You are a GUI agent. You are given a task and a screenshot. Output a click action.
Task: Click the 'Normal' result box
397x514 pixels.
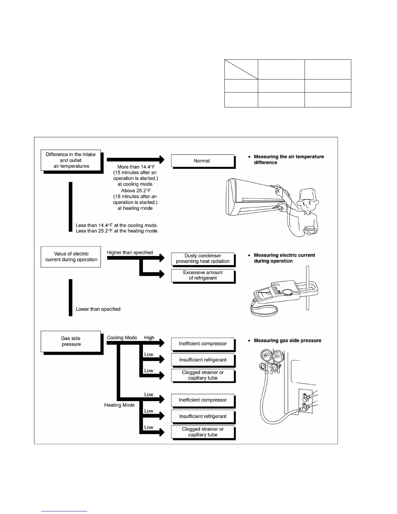pyautogui.click(x=202, y=161)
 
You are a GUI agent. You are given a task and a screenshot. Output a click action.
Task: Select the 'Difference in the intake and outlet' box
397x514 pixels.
pyautogui.click(x=71, y=160)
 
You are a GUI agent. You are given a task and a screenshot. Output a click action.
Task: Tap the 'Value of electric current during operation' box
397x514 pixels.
pyautogui.click(x=71, y=257)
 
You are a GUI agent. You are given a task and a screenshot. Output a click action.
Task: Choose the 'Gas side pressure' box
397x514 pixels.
pyautogui.click(x=71, y=341)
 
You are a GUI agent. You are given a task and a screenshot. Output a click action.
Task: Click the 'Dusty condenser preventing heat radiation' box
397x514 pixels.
pyautogui.click(x=203, y=259)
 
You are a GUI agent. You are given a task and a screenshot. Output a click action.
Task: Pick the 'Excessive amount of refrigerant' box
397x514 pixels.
pyautogui.click(x=203, y=275)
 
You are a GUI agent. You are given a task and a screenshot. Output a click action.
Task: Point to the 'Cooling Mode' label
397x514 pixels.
pyautogui.click(x=122, y=338)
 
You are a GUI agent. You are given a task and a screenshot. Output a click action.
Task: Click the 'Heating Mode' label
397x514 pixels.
pyautogui.click(x=119, y=405)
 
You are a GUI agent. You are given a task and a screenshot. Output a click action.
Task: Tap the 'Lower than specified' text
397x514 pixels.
pyautogui.click(x=98, y=309)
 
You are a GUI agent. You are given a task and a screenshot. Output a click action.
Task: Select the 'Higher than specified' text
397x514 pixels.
pyautogui.click(x=130, y=253)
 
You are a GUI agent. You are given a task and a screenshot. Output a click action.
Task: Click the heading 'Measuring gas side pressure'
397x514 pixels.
pyautogui.click(x=287, y=341)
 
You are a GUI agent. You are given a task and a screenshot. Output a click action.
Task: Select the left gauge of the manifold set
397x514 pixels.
pyautogui.click(x=267, y=356)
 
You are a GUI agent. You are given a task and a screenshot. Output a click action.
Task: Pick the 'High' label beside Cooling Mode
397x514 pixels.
pyautogui.click(x=149, y=338)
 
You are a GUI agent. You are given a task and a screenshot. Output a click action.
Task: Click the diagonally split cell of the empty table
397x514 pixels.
pyautogui.click(x=241, y=69)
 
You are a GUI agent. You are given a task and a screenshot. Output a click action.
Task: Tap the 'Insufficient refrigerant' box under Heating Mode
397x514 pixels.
pyautogui.click(x=203, y=416)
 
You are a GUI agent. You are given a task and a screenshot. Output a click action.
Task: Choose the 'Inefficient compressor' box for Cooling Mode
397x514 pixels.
pyautogui.click(x=203, y=344)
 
